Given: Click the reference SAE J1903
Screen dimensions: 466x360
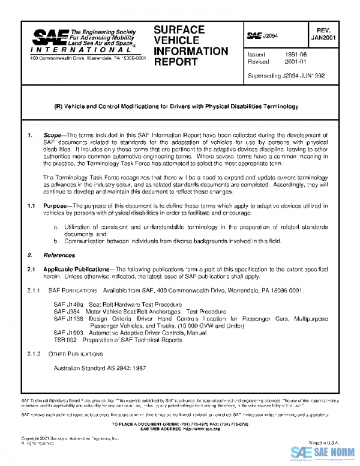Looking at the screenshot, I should click(68, 332).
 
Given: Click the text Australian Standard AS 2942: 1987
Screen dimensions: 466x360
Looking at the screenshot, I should click(99, 368).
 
